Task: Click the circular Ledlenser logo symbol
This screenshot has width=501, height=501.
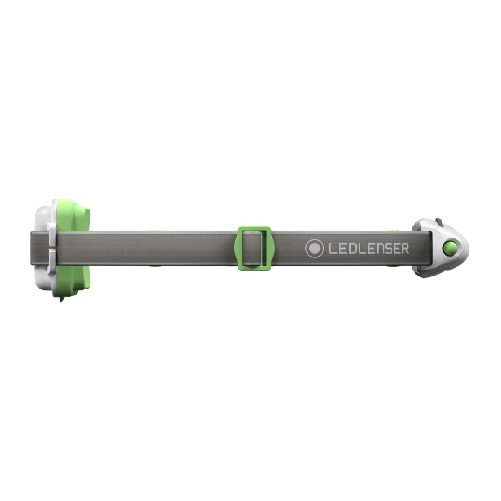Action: (315, 248)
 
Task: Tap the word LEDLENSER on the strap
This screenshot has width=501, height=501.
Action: (369, 249)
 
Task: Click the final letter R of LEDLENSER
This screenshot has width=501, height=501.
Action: (405, 249)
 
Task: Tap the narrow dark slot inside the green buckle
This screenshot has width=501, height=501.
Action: (264, 248)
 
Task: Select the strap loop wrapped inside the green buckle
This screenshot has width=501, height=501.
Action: (252, 248)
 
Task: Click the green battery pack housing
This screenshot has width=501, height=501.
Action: (73, 249)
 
